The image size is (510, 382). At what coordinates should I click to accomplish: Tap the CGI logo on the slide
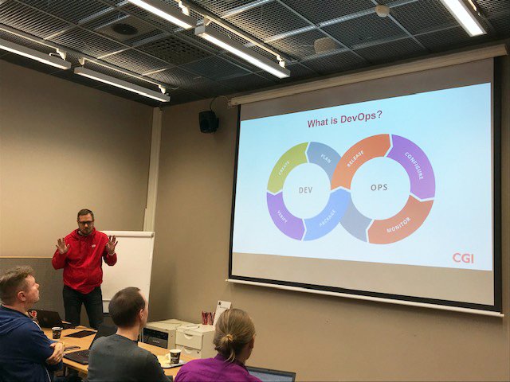[463, 258]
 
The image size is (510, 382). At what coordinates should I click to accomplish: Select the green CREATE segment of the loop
[285, 166]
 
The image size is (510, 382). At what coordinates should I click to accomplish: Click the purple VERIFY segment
[284, 216]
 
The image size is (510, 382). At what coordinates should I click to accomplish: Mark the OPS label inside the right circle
[379, 188]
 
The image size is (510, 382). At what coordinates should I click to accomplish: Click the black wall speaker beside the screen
[209, 122]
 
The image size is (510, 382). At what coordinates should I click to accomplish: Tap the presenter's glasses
[85, 224]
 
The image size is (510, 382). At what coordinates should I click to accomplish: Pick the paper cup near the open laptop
[57, 333]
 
